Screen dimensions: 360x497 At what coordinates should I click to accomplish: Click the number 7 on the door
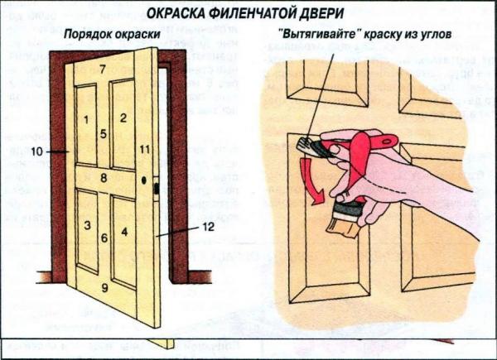[103, 70]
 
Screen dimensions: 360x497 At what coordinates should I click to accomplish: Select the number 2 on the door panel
[123, 118]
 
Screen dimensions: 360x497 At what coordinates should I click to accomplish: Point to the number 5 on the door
[104, 134]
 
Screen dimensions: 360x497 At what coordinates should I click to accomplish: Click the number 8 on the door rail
[104, 177]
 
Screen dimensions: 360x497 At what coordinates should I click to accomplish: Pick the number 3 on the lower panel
[86, 224]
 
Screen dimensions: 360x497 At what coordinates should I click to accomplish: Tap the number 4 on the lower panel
[124, 231]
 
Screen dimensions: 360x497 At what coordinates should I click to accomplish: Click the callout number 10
[36, 151]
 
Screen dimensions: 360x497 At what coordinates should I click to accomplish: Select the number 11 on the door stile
[145, 150]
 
